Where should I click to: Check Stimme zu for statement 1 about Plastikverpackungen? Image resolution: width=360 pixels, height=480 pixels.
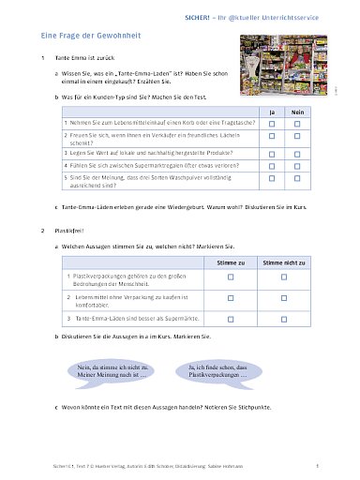click(x=229, y=280)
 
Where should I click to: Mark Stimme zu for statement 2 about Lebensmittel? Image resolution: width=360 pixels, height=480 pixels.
click(x=229, y=300)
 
